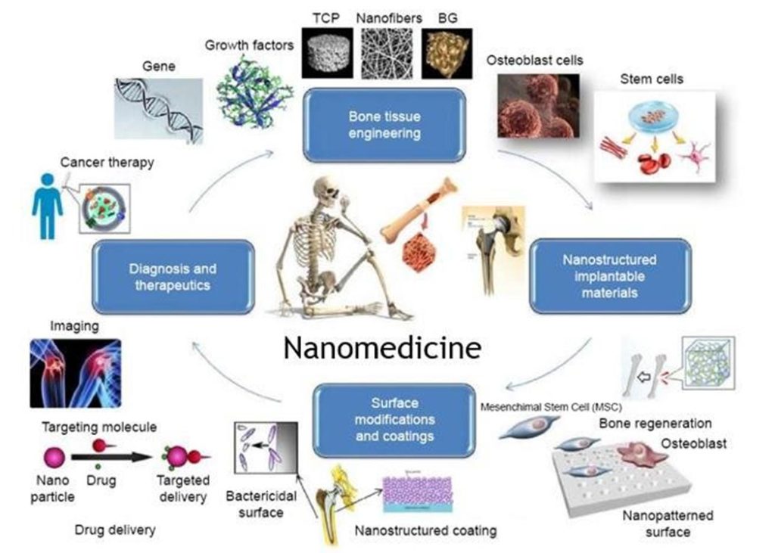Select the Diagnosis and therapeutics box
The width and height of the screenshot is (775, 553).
172,277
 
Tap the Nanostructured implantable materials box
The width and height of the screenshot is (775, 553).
609,276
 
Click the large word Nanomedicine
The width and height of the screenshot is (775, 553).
382,348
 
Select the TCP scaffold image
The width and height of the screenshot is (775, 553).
327,52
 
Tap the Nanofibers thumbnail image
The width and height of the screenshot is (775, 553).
386,52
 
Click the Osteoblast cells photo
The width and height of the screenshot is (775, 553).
538,106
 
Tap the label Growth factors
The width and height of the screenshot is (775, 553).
249,45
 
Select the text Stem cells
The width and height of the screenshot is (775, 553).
651,79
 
